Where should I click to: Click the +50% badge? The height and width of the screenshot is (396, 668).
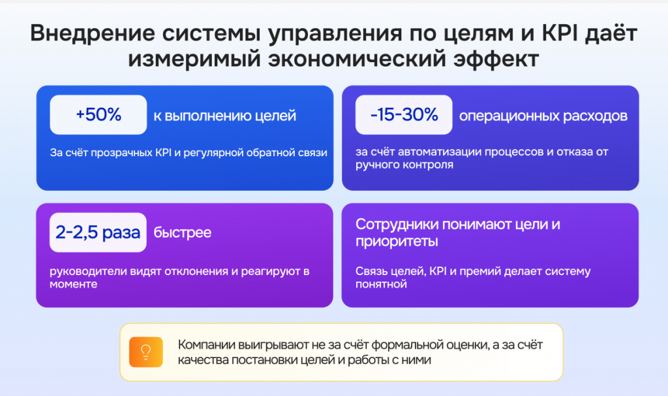[x=99, y=115]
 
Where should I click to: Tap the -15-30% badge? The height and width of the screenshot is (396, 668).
[x=404, y=115]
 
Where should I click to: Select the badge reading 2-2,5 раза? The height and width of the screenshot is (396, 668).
[x=98, y=232]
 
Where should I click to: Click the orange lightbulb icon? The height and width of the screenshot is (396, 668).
[x=146, y=352]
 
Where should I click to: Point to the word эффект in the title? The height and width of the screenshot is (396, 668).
[x=496, y=59]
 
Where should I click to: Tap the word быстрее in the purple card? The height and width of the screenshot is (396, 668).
[x=183, y=233]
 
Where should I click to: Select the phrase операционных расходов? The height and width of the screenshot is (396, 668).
[x=543, y=116]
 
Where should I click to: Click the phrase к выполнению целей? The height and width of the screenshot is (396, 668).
[x=225, y=116]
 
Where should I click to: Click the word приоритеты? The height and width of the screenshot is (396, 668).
[x=397, y=242]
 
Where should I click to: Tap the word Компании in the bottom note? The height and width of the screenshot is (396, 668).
[x=206, y=345]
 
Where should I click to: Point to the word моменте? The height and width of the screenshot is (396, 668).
[x=73, y=284]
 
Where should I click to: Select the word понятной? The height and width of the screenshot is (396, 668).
[x=381, y=284]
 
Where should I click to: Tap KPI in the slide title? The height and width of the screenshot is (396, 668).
[x=560, y=33]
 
